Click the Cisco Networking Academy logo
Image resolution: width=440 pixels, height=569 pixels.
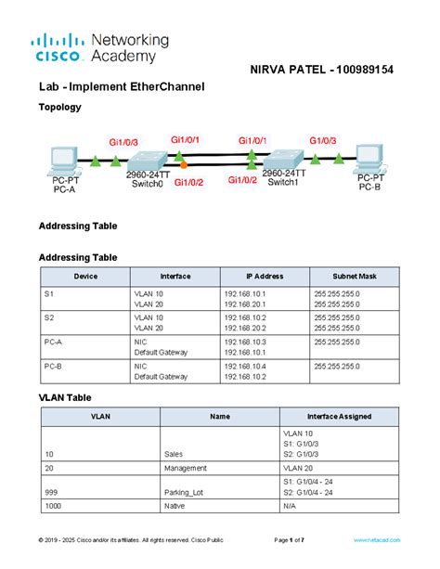pos(100,47)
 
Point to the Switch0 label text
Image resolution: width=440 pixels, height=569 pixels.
pos(147,184)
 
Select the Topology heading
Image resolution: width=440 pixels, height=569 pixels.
pos(59,107)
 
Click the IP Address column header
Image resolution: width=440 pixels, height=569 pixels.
pos(264,277)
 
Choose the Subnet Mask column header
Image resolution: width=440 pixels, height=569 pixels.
pos(355,277)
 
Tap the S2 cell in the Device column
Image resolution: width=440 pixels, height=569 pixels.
pos(49,317)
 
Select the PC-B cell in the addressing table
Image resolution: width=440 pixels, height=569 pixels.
pos(53,366)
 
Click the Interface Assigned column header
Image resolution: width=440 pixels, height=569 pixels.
pos(337,417)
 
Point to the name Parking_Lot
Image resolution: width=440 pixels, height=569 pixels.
pos(184,494)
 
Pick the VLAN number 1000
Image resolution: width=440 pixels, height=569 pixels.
pos(53,507)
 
